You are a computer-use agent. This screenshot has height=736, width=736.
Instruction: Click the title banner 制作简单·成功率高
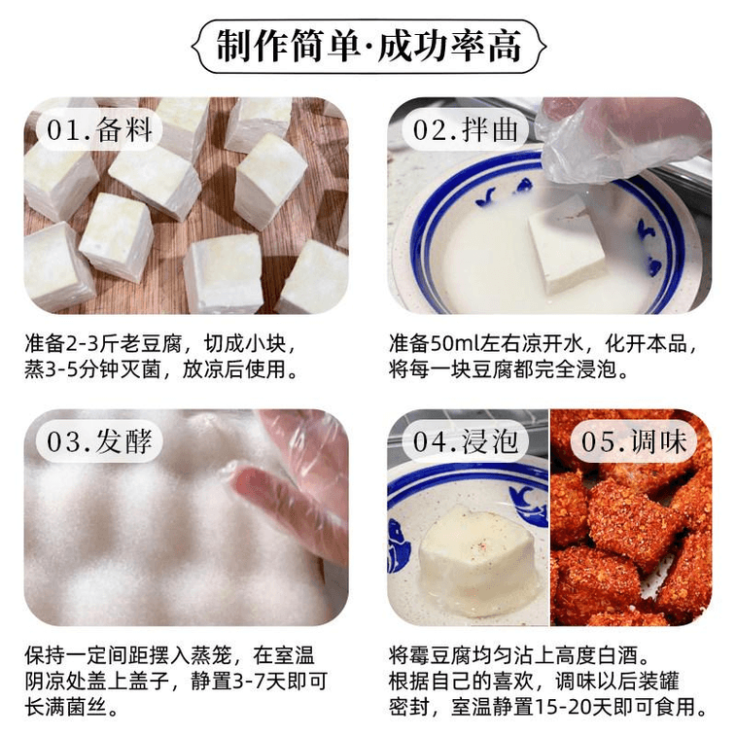click(368, 46)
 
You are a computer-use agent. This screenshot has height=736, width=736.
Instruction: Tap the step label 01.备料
click(99, 129)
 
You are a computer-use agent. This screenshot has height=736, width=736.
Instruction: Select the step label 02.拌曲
click(465, 129)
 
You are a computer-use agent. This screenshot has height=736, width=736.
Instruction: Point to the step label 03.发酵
click(99, 441)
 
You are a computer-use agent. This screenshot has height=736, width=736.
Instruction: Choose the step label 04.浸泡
click(465, 441)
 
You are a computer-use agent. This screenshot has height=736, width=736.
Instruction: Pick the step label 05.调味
click(634, 441)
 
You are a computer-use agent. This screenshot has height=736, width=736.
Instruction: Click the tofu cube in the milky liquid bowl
click(567, 246)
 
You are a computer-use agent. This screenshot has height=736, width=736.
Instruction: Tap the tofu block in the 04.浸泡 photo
click(473, 559)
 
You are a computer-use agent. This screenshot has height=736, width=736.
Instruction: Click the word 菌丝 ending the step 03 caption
click(88, 708)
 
